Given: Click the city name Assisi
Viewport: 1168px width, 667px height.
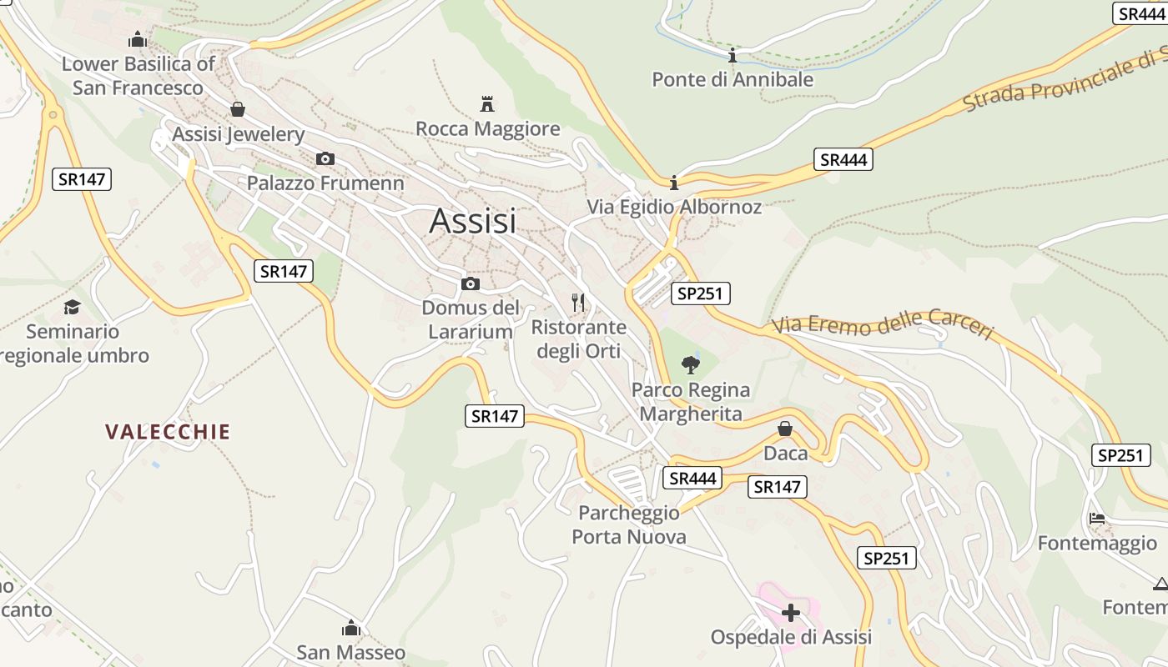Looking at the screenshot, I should pyautogui.click(x=472, y=221).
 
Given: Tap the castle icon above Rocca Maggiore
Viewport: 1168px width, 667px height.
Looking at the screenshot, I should pyautogui.click(x=487, y=104).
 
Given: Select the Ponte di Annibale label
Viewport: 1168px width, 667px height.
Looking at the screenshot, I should pyautogui.click(x=732, y=79).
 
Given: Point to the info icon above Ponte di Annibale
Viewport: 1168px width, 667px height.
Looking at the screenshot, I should pyautogui.click(x=733, y=56).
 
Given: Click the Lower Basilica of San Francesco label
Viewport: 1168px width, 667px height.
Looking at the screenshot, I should pyautogui.click(x=138, y=76).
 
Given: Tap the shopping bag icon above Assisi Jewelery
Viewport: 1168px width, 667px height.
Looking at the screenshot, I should pyautogui.click(x=238, y=109).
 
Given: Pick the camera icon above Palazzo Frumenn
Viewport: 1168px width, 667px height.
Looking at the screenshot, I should pyautogui.click(x=325, y=158).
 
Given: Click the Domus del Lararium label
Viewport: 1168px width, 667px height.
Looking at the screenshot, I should pyautogui.click(x=471, y=319).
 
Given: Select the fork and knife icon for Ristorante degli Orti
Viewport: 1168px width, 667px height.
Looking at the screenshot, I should pyautogui.click(x=578, y=302).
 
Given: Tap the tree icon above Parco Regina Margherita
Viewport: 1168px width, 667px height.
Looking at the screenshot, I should pyautogui.click(x=690, y=364).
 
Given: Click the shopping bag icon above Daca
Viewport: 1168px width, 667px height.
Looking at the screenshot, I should pyautogui.click(x=785, y=429).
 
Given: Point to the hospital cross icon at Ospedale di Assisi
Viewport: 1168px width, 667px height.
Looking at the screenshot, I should pyautogui.click(x=790, y=613).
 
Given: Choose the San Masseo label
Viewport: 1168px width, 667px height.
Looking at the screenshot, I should pyautogui.click(x=351, y=652).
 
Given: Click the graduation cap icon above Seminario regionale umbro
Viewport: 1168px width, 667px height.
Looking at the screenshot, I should pyautogui.click(x=73, y=307).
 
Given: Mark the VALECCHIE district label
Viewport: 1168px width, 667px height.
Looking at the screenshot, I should pyautogui.click(x=168, y=432).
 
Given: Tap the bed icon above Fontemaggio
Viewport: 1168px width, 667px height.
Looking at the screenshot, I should pyautogui.click(x=1097, y=519).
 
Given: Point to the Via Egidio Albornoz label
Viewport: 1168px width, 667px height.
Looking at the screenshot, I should pyautogui.click(x=674, y=207).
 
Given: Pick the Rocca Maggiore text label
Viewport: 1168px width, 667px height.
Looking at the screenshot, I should pyautogui.click(x=487, y=129).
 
